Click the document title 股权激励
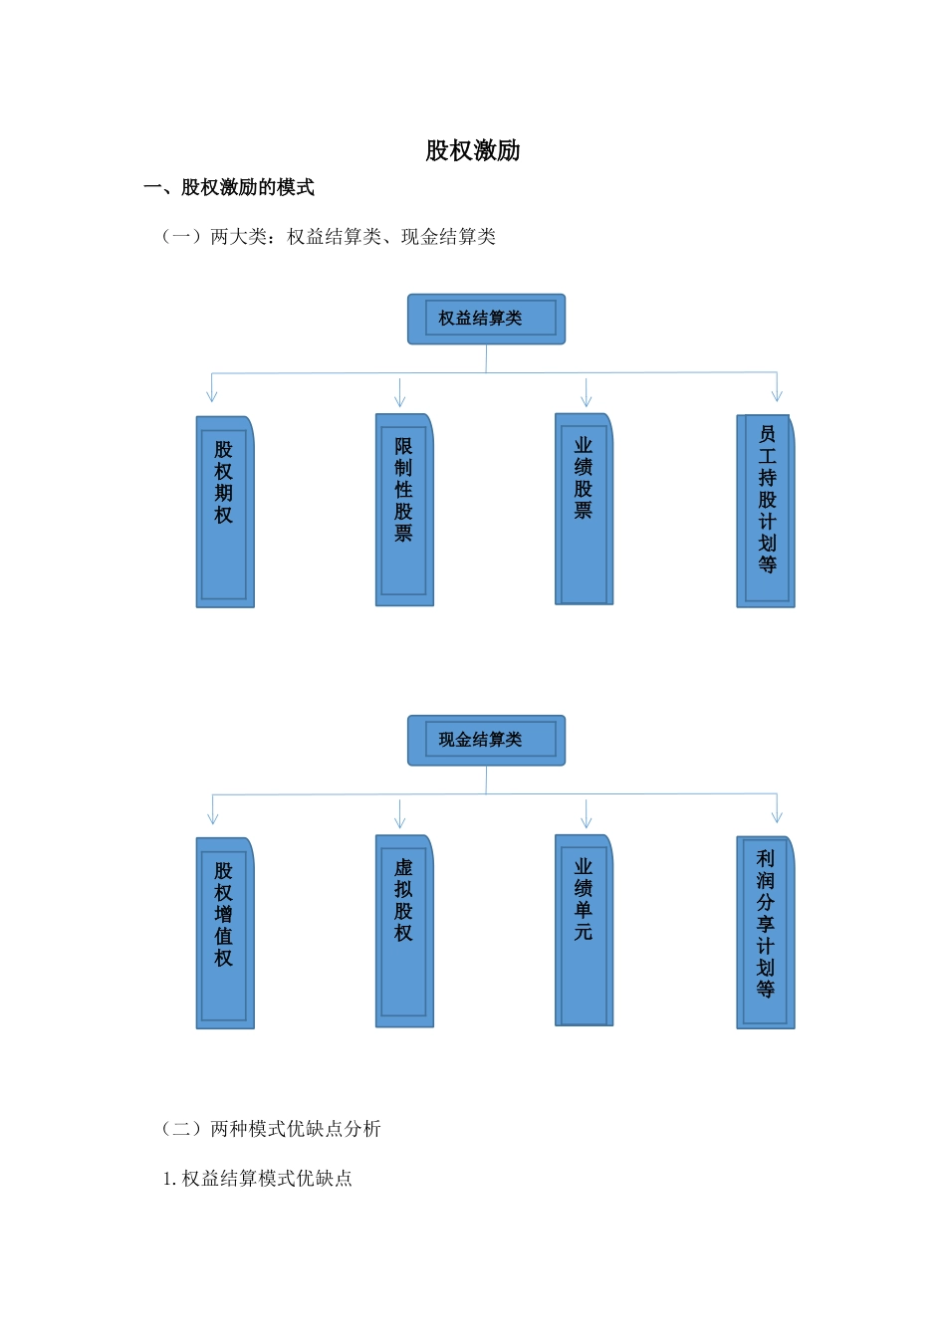pyautogui.click(x=473, y=150)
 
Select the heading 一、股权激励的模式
pyautogui.click(x=229, y=187)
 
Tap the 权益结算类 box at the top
pyautogui.click(x=486, y=319)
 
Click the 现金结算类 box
pyautogui.click(x=486, y=740)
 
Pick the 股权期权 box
pyautogui.click(x=225, y=512)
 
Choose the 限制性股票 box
pyautogui.click(x=404, y=510)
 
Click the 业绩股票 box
pyautogui.click(x=584, y=509)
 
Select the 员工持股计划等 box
pyautogui.click(x=766, y=511)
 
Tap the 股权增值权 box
pyautogui.click(x=225, y=933)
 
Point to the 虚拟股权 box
pyautogui.click(x=404, y=931)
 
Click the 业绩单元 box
pyautogui.click(x=584, y=930)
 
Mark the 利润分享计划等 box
pyautogui.click(x=766, y=932)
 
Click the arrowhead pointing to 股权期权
pyautogui.click(x=211, y=396)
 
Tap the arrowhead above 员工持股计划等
pyautogui.click(x=777, y=395)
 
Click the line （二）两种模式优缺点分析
pyautogui.click(x=271, y=1129)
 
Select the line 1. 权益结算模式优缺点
pyautogui.click(x=257, y=1179)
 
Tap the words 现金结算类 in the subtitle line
pyautogui.click(x=448, y=237)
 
